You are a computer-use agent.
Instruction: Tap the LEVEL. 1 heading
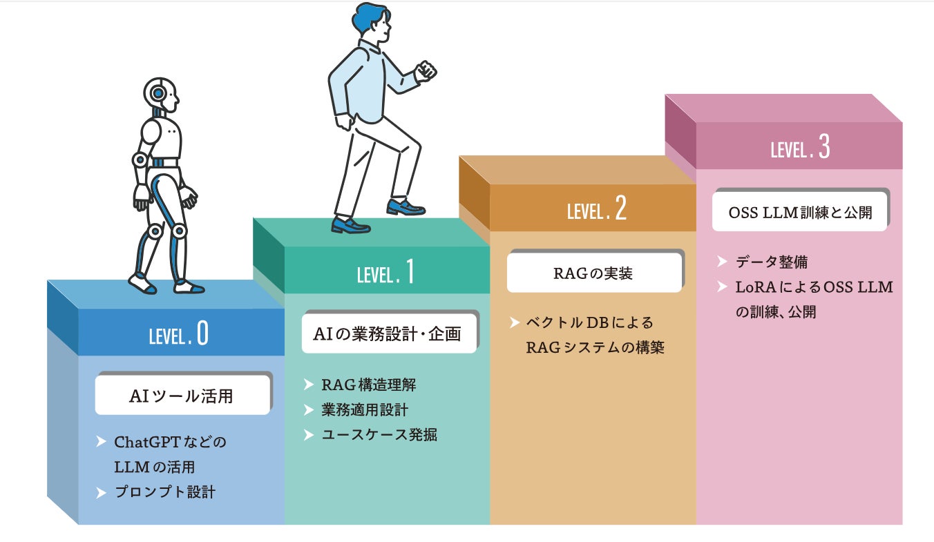pos(385,273)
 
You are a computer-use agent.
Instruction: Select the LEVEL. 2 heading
pos(596,210)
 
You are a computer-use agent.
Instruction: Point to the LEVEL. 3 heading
pos(800,148)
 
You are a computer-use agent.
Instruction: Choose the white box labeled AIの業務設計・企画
pos(388,334)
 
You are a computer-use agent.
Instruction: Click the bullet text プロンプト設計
pos(164,492)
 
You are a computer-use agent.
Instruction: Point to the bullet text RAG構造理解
pos(368,385)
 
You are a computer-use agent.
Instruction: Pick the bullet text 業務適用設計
pos(364,409)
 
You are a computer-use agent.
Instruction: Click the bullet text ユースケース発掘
pos(379,434)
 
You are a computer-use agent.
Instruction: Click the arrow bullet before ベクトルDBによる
pos(515,322)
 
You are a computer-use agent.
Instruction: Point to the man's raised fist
pos(426,70)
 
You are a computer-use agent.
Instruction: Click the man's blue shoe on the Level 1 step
pos(350,225)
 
